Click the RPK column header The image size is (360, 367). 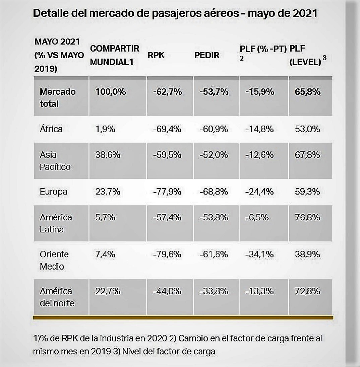tap(156, 55)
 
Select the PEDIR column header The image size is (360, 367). tap(207, 55)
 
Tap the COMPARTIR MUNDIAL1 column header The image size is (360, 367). tap(115, 55)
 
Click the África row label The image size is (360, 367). tap(51, 129)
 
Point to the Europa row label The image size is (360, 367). tap(54, 192)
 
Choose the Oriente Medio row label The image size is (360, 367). tap(54, 260)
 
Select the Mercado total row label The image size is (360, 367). tap(58, 97)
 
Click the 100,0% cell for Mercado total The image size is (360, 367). tap(111, 92)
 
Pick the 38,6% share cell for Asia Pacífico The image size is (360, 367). tap(108, 155)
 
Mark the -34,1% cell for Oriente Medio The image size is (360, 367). tap(259, 254)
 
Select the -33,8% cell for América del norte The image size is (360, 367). tap(214, 291)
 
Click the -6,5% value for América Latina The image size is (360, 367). tap(257, 217)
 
